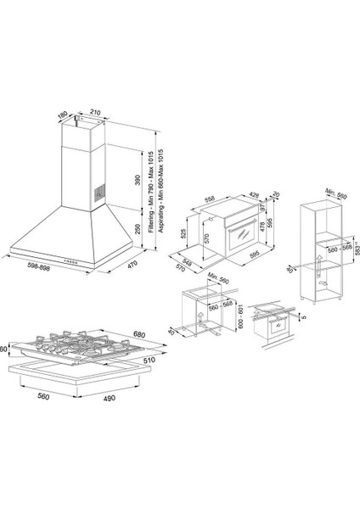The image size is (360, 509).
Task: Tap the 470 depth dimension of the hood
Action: click(x=132, y=266)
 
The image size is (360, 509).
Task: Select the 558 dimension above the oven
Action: click(x=210, y=189)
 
